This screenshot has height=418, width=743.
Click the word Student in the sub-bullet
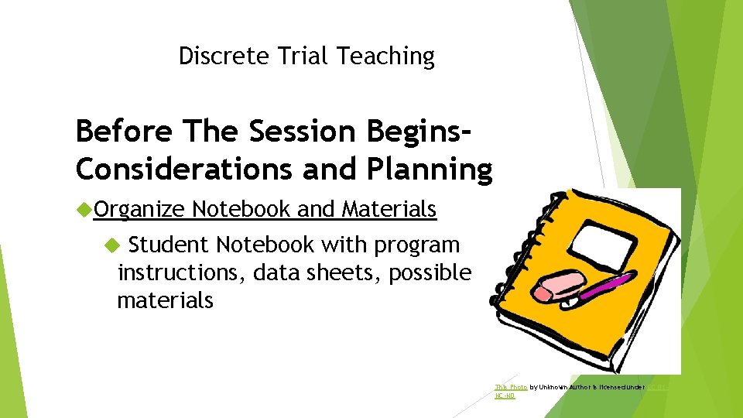click(x=169, y=245)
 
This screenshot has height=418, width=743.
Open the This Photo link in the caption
click(x=512, y=386)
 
